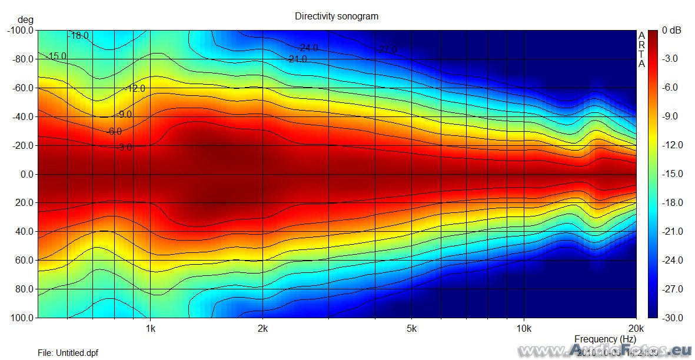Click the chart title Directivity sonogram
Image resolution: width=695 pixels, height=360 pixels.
[336, 16]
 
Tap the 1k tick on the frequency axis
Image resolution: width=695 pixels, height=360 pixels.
[150, 328]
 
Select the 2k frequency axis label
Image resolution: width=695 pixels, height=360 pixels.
[262, 328]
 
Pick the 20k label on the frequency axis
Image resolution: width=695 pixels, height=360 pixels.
[635, 328]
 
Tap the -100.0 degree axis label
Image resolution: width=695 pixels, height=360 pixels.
[21, 30]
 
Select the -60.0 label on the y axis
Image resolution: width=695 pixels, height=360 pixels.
[22, 88]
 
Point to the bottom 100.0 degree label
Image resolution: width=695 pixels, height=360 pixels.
[22, 318]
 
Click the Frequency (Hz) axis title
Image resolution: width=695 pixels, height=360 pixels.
[605, 339]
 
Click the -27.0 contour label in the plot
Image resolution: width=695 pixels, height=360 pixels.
[387, 50]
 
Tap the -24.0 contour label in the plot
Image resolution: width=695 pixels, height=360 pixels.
[308, 48]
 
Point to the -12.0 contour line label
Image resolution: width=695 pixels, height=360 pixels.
[135, 89]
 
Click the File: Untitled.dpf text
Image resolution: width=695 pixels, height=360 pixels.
[68, 353]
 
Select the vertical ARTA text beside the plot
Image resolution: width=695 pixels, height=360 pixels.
[641, 49]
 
